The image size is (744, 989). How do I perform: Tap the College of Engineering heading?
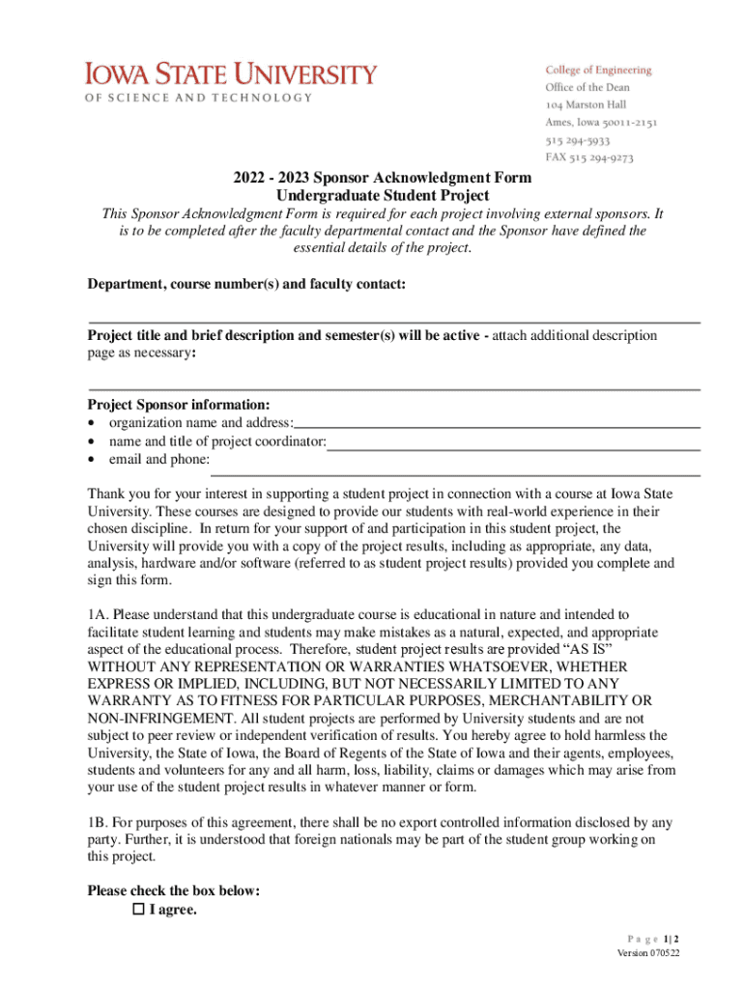pyautogui.click(x=598, y=70)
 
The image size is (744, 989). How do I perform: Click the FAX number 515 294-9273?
pyautogui.click(x=589, y=157)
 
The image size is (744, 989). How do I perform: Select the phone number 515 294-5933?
pyautogui.click(x=577, y=140)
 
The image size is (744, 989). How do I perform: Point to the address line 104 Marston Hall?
pyautogui.click(x=587, y=104)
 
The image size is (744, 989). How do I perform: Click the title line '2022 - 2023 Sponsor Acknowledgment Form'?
pyautogui.click(x=382, y=178)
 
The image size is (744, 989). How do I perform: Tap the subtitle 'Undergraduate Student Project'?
pyautogui.click(x=382, y=194)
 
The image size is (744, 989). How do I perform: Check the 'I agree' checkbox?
pyautogui.click(x=138, y=910)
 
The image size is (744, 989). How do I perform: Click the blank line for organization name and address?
pyautogui.click(x=497, y=425)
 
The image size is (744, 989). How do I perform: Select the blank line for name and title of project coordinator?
pyautogui.click(x=513, y=448)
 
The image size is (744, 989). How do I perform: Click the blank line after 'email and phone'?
pyautogui.click(x=455, y=473)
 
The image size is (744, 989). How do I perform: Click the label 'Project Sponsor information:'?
pyautogui.click(x=179, y=405)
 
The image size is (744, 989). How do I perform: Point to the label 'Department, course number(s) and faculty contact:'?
pyautogui.click(x=246, y=284)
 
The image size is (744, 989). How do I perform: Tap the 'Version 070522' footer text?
pyautogui.click(x=648, y=953)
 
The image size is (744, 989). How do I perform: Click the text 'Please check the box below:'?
pyautogui.click(x=173, y=890)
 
